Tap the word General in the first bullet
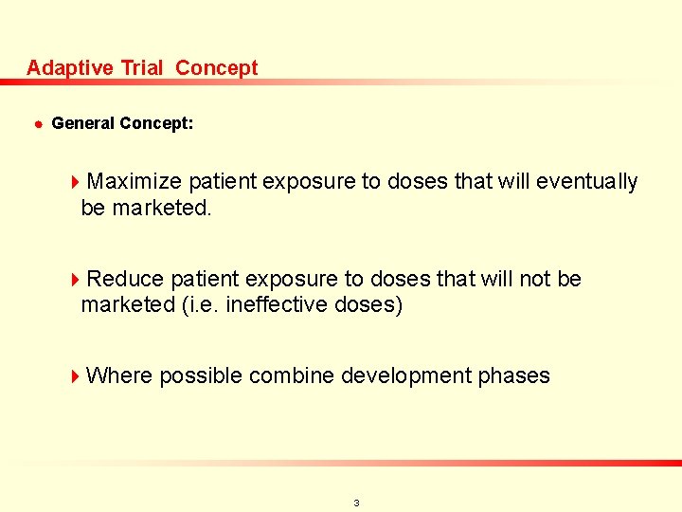click(81, 123)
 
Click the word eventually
click(586, 181)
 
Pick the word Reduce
click(124, 279)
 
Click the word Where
click(118, 375)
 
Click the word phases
click(513, 375)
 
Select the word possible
click(199, 375)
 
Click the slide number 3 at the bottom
click(356, 503)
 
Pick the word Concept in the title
click(217, 68)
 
